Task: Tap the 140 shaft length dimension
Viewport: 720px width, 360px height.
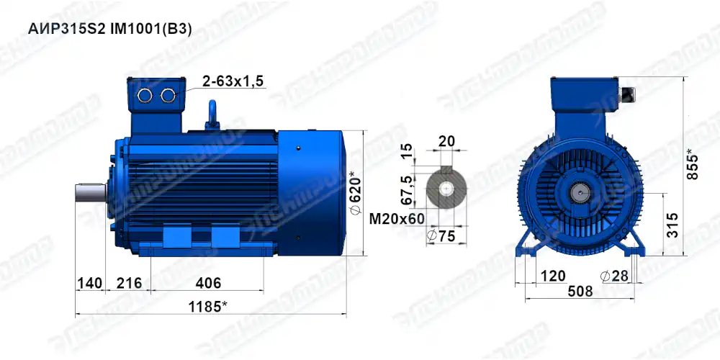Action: (x=89, y=283)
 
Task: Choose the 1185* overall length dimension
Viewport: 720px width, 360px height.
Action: (x=207, y=307)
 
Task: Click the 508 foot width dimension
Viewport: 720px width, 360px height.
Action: (x=580, y=292)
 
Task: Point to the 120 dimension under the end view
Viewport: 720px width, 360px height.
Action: (x=552, y=276)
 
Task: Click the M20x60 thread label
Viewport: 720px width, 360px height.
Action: (x=395, y=218)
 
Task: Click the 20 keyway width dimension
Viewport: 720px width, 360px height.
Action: (x=446, y=141)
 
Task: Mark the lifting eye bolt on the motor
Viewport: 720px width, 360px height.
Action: (x=213, y=112)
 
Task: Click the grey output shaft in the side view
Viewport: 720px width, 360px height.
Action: (x=90, y=193)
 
